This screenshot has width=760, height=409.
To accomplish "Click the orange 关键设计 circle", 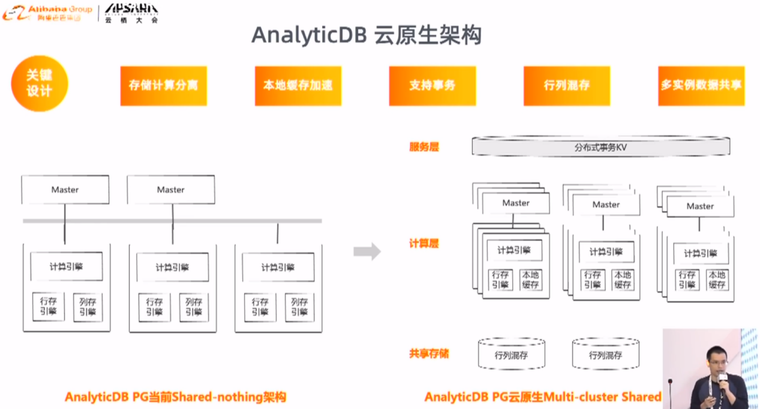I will click(40, 83).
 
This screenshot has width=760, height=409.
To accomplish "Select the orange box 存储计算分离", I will click(163, 85).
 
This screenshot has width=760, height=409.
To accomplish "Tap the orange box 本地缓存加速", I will click(298, 85).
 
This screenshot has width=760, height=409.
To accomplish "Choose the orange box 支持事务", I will click(432, 85).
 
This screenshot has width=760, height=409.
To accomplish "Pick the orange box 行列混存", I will click(566, 85).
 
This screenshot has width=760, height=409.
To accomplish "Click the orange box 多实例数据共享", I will click(701, 85).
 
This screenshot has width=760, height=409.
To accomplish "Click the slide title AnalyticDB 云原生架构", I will click(366, 35).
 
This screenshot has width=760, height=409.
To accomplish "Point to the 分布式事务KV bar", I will click(600, 147).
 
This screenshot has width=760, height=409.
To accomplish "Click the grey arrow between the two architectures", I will click(367, 251).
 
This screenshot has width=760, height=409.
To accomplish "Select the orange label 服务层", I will click(424, 147).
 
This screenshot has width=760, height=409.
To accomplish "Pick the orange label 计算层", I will click(424, 243).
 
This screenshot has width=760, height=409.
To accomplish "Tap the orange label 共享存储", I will click(429, 353).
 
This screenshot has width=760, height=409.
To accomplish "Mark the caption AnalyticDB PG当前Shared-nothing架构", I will click(175, 397).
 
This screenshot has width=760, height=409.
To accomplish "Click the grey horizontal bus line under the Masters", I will click(172, 221).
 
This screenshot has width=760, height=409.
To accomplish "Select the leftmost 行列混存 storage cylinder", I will click(512, 354).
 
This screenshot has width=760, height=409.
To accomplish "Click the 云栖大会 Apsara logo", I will click(131, 12).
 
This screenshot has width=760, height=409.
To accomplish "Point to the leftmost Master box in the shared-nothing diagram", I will click(65, 190).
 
